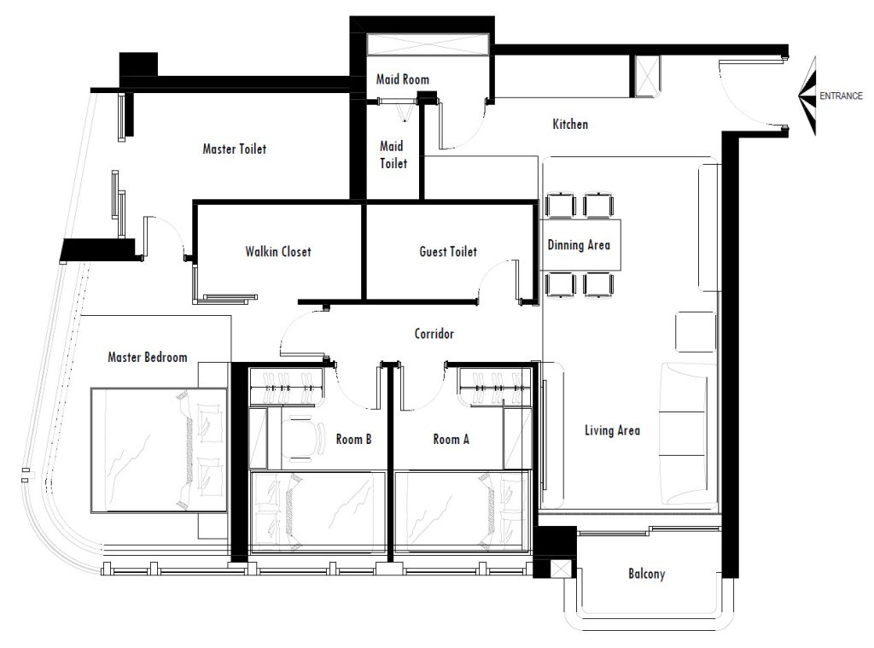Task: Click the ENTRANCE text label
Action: pos(841,96)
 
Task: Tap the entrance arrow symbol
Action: pos(807,96)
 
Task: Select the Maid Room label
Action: pos(403,79)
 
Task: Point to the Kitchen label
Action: pos(570,124)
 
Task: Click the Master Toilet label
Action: pos(234,149)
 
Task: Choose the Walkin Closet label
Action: pos(278,252)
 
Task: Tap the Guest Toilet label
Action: pos(448,252)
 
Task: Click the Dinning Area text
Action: pos(579,245)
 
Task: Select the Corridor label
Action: pos(434,334)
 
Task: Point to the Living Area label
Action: pos(612,430)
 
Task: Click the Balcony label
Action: pos(647,574)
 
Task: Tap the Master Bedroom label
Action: pos(147,357)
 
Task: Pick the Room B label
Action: pos(353,440)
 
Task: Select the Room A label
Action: pos(451,440)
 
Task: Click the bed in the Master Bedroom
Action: pos(159,450)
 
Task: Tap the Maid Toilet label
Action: pos(393,155)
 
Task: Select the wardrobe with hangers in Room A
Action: pos(494,387)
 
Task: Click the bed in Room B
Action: pos(318,512)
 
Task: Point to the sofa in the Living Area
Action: pos(688,434)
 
